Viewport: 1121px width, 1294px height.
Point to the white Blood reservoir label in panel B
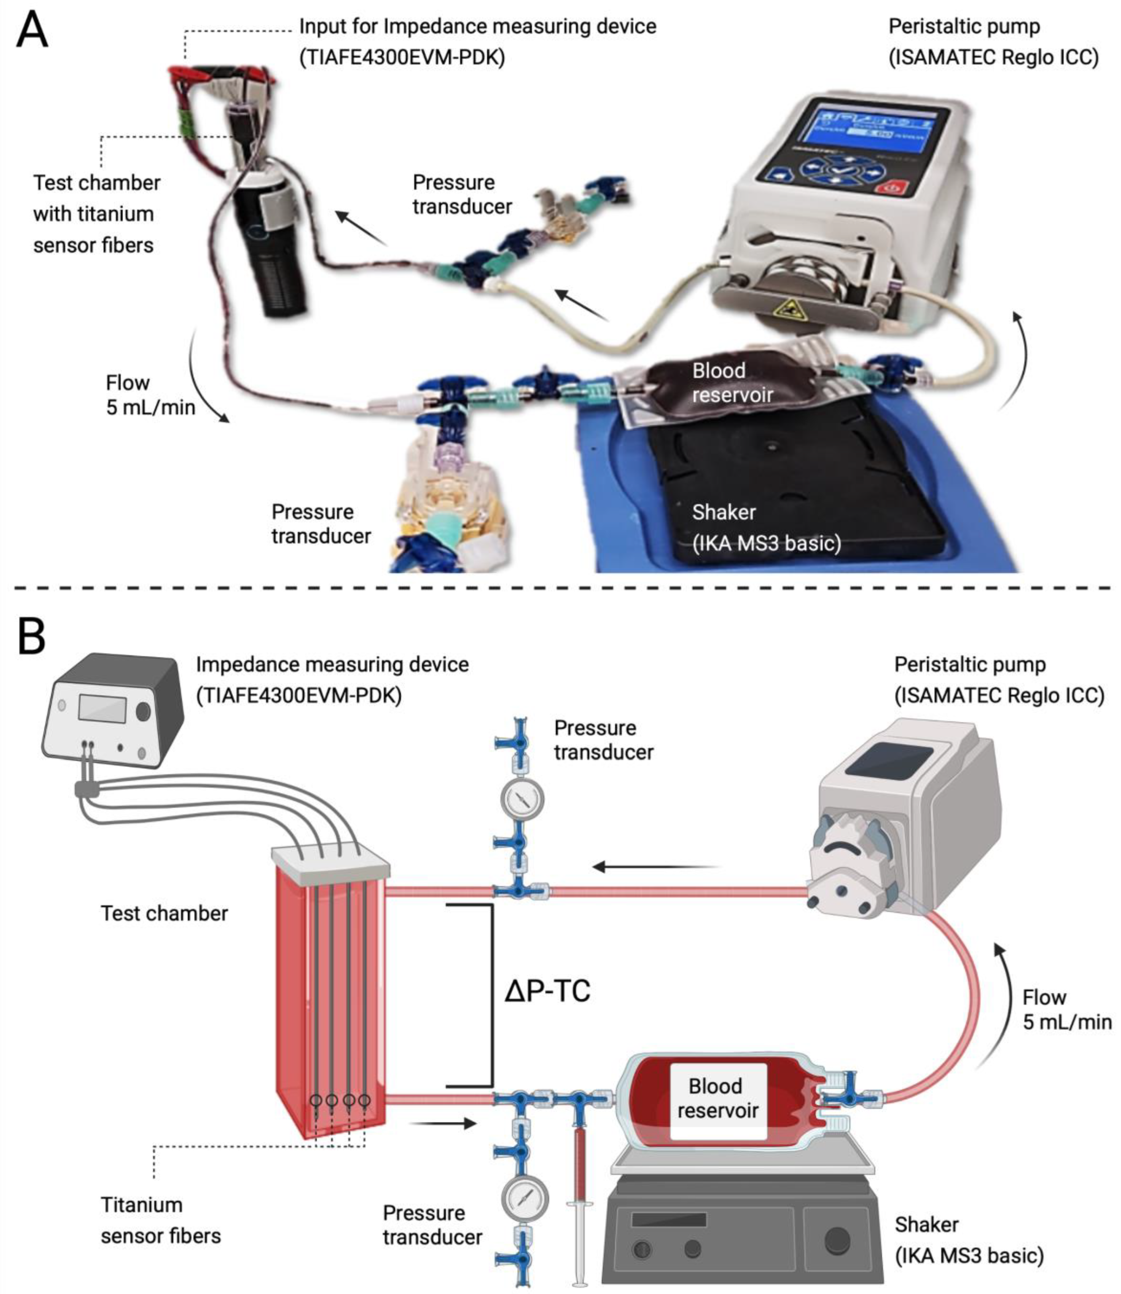point(717,1101)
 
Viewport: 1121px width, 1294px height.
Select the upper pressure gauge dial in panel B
point(522,799)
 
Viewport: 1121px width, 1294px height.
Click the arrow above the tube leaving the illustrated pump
point(657,867)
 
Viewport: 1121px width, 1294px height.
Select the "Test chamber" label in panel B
point(164,913)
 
